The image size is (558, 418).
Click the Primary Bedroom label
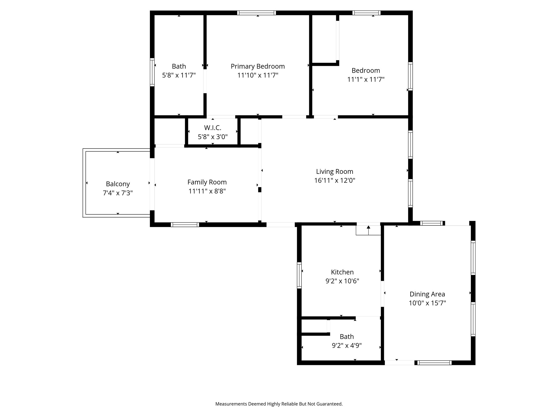coord(257,66)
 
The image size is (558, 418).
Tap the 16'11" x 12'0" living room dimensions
coord(335,180)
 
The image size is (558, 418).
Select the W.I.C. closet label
coord(213,128)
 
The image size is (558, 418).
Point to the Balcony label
coord(118,184)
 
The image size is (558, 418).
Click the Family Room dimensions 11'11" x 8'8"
coord(207,191)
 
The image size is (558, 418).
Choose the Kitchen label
coord(342,272)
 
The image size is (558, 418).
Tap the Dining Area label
coord(427,294)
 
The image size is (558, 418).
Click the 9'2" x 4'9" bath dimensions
coord(347,346)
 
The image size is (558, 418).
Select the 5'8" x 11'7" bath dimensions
coord(179,75)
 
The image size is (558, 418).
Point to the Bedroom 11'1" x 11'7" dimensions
coord(366,79)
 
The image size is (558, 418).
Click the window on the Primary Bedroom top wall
coord(256,13)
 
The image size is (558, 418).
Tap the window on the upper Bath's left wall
coord(152,72)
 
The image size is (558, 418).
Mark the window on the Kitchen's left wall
coord(299,275)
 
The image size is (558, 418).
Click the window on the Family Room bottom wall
coord(185,225)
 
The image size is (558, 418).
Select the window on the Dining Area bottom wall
coord(434,362)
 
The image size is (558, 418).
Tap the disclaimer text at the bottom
coord(279,404)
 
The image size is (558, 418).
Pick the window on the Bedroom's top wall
coord(366,13)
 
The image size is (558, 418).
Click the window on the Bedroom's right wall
coord(410,76)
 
